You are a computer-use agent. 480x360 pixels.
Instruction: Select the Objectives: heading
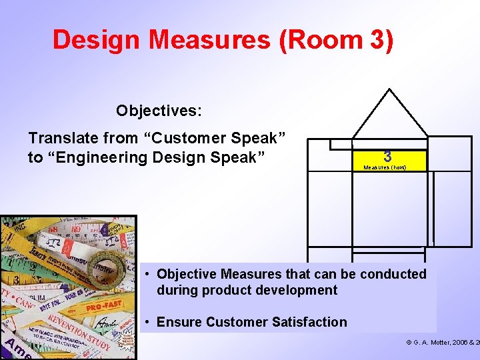159,110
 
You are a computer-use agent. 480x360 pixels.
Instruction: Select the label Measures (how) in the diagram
385,168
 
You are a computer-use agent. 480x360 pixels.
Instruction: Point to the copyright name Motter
441,343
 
